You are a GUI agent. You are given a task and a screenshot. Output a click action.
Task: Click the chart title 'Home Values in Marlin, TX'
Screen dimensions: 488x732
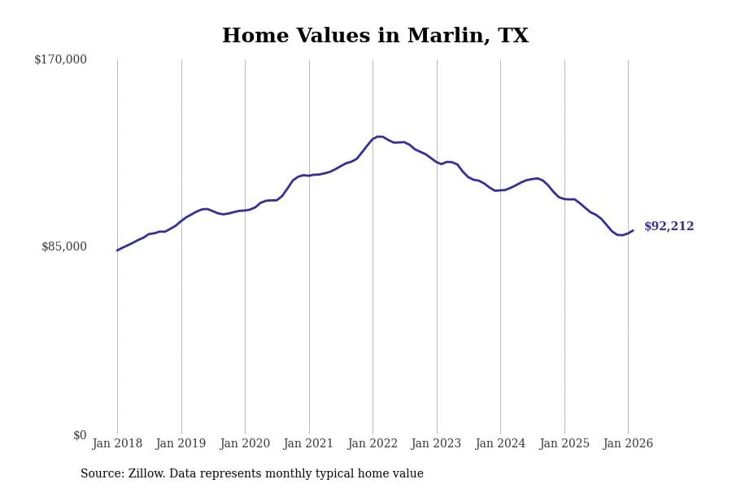click(375, 37)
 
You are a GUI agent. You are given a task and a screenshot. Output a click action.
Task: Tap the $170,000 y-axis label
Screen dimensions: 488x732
click(60, 59)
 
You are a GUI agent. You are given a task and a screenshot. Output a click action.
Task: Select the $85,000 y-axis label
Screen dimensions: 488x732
click(63, 246)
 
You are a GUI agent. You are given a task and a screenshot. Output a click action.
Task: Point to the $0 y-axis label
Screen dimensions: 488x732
click(80, 435)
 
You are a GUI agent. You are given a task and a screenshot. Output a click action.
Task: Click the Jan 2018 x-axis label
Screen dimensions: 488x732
click(117, 444)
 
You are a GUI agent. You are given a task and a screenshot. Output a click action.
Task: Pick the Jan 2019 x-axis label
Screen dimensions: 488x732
click(181, 444)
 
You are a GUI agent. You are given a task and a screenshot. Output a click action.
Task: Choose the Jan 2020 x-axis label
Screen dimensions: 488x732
click(245, 444)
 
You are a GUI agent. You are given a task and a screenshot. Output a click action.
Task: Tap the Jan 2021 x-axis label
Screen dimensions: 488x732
click(308, 444)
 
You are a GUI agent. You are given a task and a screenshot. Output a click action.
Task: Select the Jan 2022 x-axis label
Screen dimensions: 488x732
click(373, 444)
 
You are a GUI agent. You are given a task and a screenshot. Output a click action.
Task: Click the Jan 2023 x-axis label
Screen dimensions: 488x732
click(436, 444)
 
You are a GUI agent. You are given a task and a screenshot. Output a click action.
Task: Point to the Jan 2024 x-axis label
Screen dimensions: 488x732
click(500, 444)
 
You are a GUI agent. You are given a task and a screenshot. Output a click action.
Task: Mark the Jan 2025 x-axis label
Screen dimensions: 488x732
click(564, 444)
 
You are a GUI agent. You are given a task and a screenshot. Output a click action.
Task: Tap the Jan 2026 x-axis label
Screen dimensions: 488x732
click(628, 444)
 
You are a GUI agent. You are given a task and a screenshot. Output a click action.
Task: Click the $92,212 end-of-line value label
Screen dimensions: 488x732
click(669, 227)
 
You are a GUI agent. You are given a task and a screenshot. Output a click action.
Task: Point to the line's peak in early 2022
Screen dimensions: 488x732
click(378, 136)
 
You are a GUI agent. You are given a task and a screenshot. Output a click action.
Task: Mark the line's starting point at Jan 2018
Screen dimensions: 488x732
click(117, 251)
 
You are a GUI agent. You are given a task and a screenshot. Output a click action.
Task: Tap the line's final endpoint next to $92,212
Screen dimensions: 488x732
click(633, 230)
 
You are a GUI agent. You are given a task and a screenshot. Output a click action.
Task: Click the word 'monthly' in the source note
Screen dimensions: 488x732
click(278, 474)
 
